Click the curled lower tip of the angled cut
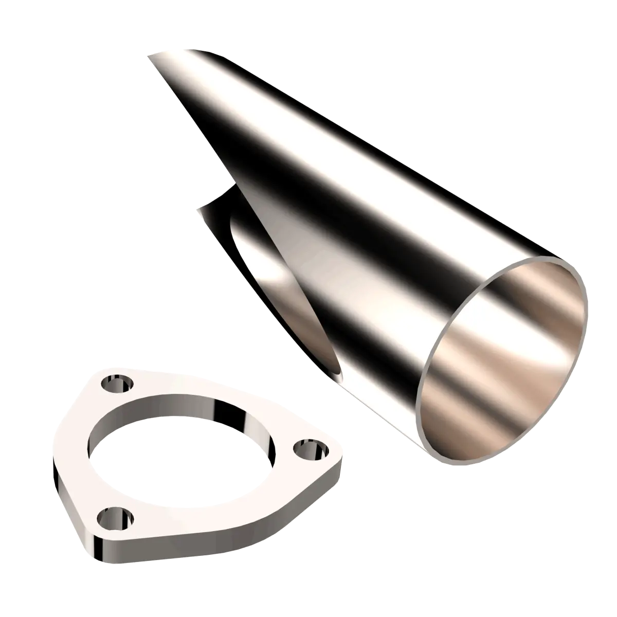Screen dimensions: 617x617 [198, 208]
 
